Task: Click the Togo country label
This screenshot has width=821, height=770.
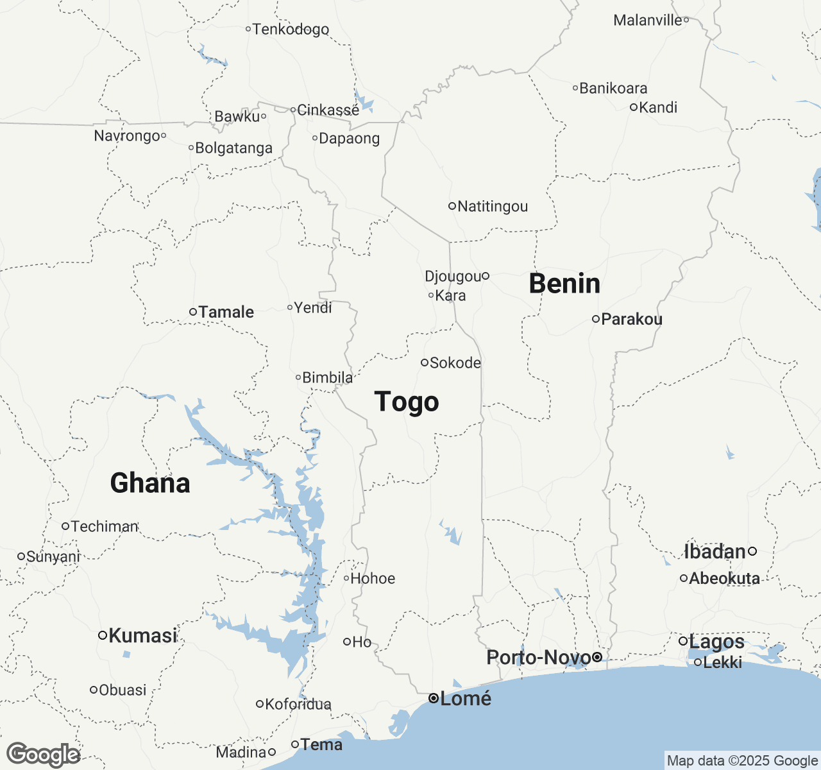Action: pyautogui.click(x=407, y=402)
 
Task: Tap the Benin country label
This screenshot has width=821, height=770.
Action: pyautogui.click(x=564, y=284)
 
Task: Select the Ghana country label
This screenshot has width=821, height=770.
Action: pyautogui.click(x=150, y=483)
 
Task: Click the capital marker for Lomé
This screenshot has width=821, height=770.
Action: pyautogui.click(x=434, y=698)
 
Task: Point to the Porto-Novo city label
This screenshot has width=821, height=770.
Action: pyautogui.click(x=538, y=658)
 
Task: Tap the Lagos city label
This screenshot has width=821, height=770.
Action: pyautogui.click(x=716, y=642)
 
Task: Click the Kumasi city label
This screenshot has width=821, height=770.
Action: pyautogui.click(x=142, y=636)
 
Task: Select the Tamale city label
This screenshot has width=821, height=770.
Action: pyautogui.click(x=226, y=312)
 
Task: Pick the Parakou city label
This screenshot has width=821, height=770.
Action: pyautogui.click(x=631, y=320)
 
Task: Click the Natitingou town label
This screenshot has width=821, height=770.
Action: pyautogui.click(x=493, y=207)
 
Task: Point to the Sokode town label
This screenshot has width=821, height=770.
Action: pyautogui.click(x=455, y=363)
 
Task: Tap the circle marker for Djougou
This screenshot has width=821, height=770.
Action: pyautogui.click(x=486, y=276)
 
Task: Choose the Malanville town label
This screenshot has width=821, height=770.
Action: pyautogui.click(x=647, y=21)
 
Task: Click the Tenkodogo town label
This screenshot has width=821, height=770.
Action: pyautogui.click(x=291, y=30)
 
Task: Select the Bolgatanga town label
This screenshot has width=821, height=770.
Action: pyautogui.click(x=233, y=148)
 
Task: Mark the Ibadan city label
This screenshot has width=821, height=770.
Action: pyautogui.click(x=715, y=552)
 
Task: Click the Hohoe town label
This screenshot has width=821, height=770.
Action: pyautogui.click(x=373, y=579)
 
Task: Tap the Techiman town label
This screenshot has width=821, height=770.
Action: pyautogui.click(x=105, y=527)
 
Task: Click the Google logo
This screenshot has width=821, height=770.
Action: pyautogui.click(x=43, y=755)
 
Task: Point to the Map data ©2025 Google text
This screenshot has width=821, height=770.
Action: pyautogui.click(x=742, y=761)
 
